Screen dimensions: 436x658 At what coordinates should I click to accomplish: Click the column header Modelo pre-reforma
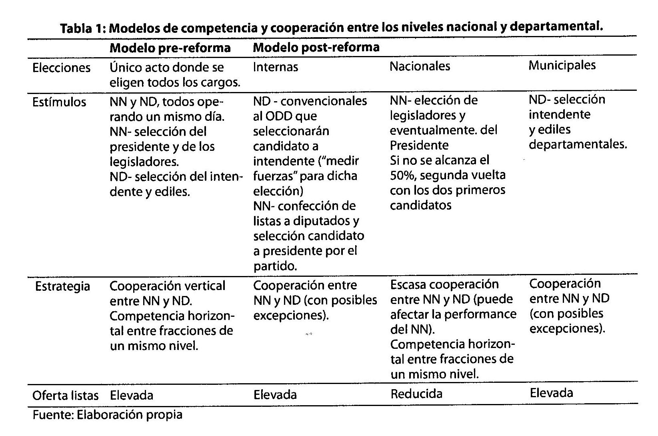(x=170, y=48)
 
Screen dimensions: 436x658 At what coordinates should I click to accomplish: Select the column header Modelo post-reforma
(x=316, y=48)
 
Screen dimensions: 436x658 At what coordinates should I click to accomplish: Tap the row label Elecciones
(x=61, y=68)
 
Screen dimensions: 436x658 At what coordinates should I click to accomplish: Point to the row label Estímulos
(x=59, y=102)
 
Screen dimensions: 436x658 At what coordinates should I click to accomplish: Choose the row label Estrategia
(x=62, y=286)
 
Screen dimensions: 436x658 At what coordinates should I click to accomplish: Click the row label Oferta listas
(x=65, y=396)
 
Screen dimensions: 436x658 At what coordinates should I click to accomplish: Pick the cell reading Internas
(x=275, y=67)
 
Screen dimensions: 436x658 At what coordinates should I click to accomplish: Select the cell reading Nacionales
(x=420, y=66)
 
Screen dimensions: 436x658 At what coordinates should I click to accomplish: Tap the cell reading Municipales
(x=562, y=65)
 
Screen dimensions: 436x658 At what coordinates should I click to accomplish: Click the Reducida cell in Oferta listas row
(x=416, y=394)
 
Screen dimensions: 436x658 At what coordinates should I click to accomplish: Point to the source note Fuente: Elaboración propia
(x=107, y=415)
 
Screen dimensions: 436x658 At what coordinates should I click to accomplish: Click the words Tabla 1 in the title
(x=82, y=29)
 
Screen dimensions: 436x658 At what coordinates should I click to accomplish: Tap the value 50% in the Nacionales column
(x=403, y=176)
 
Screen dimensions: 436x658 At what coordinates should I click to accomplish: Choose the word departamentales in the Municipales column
(x=578, y=144)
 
